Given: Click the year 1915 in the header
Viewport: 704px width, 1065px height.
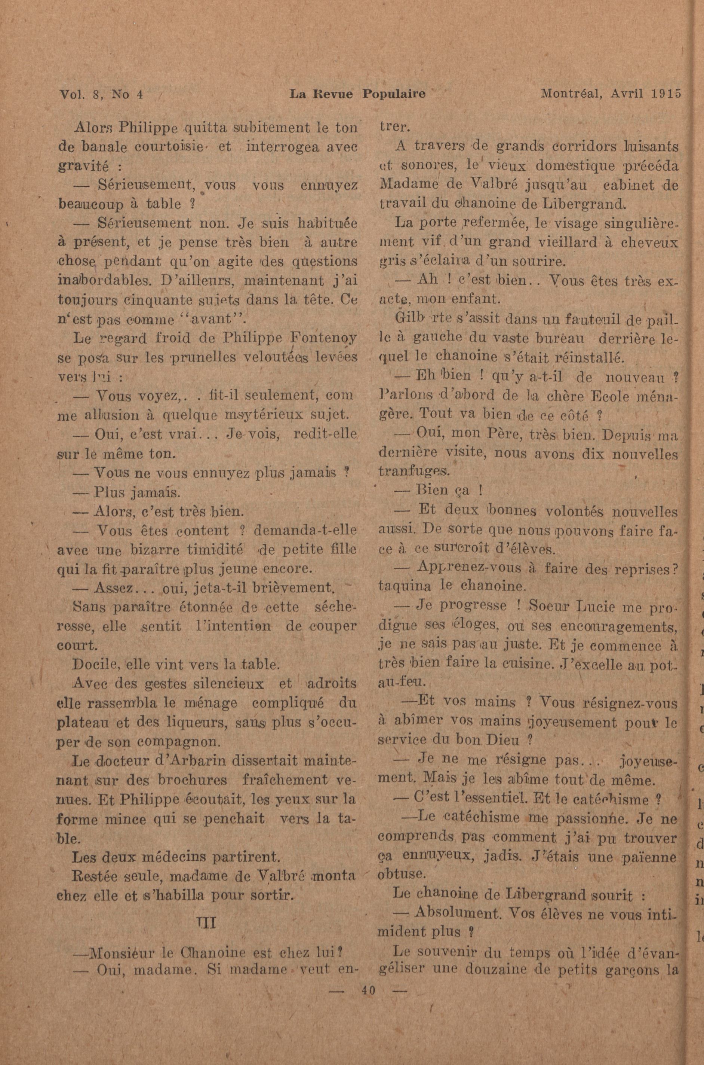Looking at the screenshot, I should pyautogui.click(x=668, y=94).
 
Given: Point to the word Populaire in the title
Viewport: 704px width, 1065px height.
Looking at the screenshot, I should pyautogui.click(x=394, y=94).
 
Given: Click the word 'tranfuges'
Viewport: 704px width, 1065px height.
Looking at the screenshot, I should pyautogui.click(x=413, y=472).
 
